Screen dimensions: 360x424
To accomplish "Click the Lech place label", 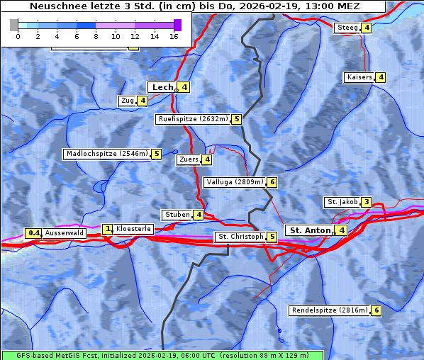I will pyautogui.click(x=162, y=87).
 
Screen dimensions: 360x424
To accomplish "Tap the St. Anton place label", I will pyautogui.click(x=310, y=230).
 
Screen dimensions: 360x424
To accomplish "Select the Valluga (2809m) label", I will pyautogui.click(x=235, y=182).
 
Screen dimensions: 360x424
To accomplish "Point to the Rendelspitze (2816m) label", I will pyautogui.click(x=330, y=310).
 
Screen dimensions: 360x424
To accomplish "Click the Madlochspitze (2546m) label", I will pyautogui.click(x=106, y=154).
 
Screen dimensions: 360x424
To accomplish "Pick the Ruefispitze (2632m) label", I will pyautogui.click(x=193, y=119).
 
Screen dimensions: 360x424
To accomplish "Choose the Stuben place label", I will pyautogui.click(x=177, y=215).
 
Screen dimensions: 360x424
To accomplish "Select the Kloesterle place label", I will pyautogui.click(x=133, y=229).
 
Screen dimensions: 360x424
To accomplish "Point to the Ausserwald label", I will pyautogui.click(x=65, y=233).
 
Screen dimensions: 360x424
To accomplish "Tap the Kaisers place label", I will pyautogui.click(x=359, y=77).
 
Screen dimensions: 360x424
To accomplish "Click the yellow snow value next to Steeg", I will pyautogui.click(x=366, y=28).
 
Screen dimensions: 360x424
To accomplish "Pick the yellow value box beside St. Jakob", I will pyautogui.click(x=366, y=202).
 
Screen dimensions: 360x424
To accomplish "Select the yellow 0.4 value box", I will pyautogui.click(x=33, y=233).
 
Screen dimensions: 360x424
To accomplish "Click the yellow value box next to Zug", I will pyautogui.click(x=143, y=101).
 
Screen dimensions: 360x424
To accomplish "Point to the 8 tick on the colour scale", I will pyautogui.click(x=96, y=36).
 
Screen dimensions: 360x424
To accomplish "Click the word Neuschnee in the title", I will pyautogui.click(x=55, y=6).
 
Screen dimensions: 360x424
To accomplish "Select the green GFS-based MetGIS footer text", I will pyautogui.click(x=162, y=354).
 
